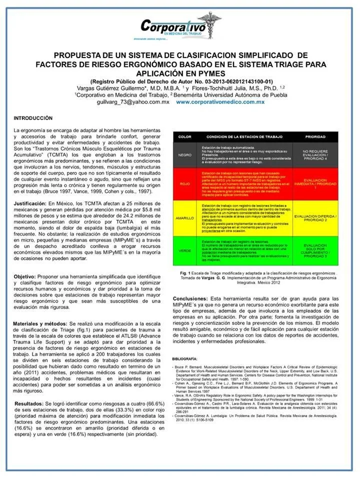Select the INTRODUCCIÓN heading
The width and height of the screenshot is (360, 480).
(32, 118)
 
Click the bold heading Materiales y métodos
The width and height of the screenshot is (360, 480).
(43, 323)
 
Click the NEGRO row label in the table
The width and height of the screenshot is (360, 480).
(184, 154)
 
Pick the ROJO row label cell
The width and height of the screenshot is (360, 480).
(184, 183)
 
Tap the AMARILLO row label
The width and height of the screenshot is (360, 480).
(184, 218)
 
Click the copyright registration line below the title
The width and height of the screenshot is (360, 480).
(181, 81)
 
